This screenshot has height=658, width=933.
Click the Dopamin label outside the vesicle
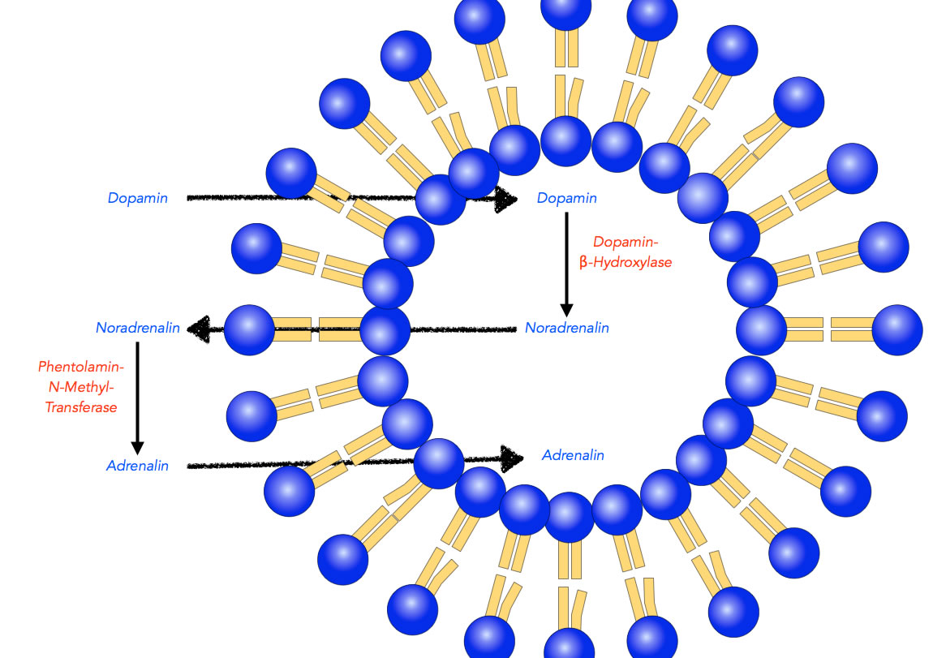pyautogui.click(x=137, y=198)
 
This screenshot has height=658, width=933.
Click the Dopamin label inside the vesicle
pyautogui.click(x=566, y=198)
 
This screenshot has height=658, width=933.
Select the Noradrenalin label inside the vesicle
pyautogui.click(x=566, y=328)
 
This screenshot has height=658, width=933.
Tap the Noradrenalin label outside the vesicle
pyautogui.click(x=137, y=328)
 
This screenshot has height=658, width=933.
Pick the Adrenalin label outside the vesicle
pyautogui.click(x=137, y=466)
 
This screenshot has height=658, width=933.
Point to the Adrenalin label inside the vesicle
pyautogui.click(x=573, y=455)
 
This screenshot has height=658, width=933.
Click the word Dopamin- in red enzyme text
pyautogui.click(x=626, y=242)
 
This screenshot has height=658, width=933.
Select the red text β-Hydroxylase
pyautogui.click(x=626, y=262)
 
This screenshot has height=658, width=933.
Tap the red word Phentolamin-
pyautogui.click(x=81, y=367)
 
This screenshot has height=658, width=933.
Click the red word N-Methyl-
pyautogui.click(x=81, y=387)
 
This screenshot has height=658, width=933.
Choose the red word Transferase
pyautogui.click(x=81, y=407)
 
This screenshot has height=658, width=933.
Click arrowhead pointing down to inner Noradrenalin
pyautogui.click(x=566, y=310)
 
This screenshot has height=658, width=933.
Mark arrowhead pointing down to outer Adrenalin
pyautogui.click(x=137, y=448)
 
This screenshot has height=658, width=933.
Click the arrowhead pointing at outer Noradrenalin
pyautogui.click(x=199, y=329)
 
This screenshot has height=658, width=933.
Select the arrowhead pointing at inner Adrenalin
pyautogui.click(x=512, y=458)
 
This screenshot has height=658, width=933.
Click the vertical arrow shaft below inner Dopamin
pyautogui.click(x=566, y=258)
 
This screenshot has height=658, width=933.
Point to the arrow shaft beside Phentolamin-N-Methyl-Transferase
pyautogui.click(x=137, y=392)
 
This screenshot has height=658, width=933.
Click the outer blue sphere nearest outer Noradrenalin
pyautogui.click(x=249, y=330)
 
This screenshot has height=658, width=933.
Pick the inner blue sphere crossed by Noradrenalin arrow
pyautogui.click(x=385, y=330)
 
